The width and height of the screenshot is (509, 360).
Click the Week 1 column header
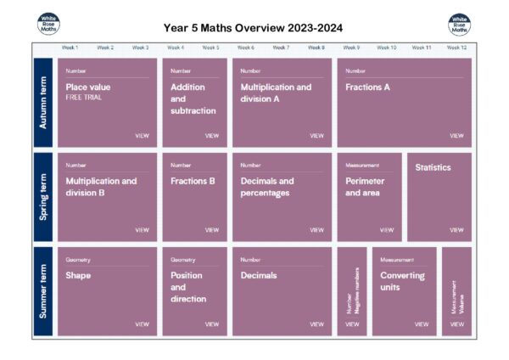point(70,48)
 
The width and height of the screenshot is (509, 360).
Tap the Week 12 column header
point(456,48)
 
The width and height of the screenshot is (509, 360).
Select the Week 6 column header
point(246,48)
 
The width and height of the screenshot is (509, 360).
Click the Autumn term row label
point(43,103)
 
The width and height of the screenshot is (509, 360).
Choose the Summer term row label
point(43,291)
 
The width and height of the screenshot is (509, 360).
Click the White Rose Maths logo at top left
point(49,25)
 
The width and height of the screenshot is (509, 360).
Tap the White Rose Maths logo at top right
point(459,25)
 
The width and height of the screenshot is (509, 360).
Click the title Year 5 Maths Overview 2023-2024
point(254,28)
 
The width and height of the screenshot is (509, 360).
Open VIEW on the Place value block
point(142,136)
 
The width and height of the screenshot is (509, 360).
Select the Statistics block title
point(433,168)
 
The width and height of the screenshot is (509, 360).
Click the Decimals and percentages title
point(267,187)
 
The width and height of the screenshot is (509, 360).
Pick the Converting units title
point(402,281)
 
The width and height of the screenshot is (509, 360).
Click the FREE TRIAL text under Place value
point(83,98)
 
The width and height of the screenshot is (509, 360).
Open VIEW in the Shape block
point(142,324)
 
